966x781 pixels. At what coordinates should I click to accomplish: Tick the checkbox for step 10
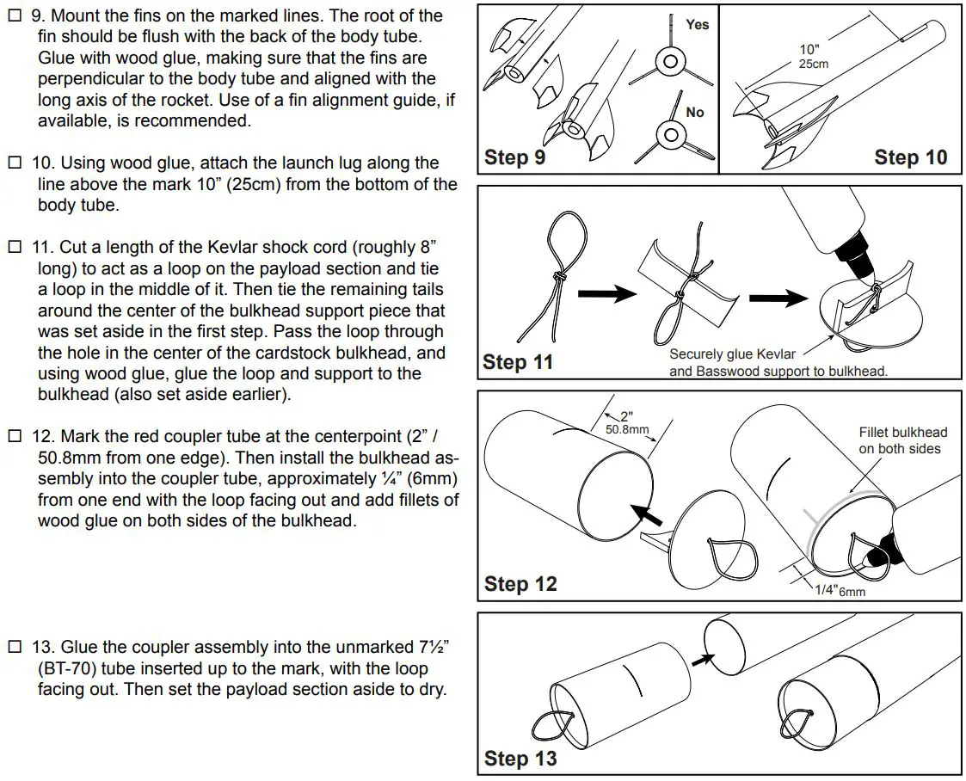pyautogui.click(x=13, y=163)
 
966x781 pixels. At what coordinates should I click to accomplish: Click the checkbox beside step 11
pyautogui.click(x=13, y=248)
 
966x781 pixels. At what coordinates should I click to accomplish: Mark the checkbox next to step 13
pyautogui.click(x=13, y=648)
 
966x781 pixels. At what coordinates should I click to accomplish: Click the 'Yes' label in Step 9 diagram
pyautogui.click(x=697, y=25)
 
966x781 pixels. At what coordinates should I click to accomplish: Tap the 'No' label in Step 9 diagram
pyautogui.click(x=695, y=113)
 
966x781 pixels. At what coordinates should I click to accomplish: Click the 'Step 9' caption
pyautogui.click(x=514, y=157)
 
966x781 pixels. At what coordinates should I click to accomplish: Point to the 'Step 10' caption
pyautogui.click(x=910, y=157)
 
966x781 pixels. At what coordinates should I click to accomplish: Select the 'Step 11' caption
pyautogui.click(x=518, y=362)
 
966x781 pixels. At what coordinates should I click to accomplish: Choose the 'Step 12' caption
pyautogui.click(x=520, y=584)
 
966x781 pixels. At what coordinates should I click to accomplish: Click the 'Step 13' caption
pyautogui.click(x=520, y=759)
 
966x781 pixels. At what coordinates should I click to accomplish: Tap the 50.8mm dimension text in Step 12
pyautogui.click(x=627, y=428)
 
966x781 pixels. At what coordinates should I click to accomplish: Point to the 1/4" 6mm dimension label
pyautogui.click(x=840, y=591)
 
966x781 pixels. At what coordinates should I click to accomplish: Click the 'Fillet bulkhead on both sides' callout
pyautogui.click(x=902, y=440)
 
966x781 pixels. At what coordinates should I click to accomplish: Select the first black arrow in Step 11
pyautogui.click(x=606, y=295)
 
